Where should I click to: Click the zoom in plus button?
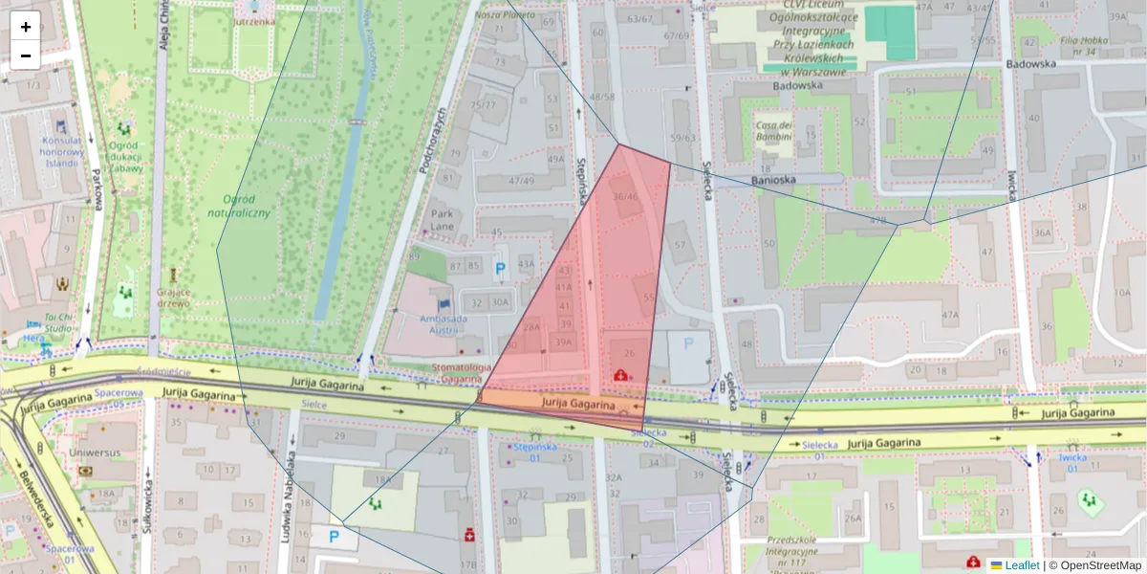click(x=26, y=27)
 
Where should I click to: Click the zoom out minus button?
click(x=26, y=55)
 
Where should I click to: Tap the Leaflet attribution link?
click(x=1022, y=565)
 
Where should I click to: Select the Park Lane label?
click(x=443, y=220)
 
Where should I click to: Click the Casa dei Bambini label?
click(x=774, y=132)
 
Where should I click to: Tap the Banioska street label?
click(x=774, y=179)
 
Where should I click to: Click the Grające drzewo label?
click(x=174, y=298)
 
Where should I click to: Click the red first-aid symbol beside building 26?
click(x=620, y=375)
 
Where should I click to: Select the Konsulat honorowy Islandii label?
click(x=61, y=151)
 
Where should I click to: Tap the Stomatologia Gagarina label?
click(x=462, y=373)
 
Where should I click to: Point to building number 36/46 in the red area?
click(x=625, y=197)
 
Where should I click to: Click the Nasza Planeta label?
click(x=505, y=15)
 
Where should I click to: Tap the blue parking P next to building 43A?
click(x=499, y=271)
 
